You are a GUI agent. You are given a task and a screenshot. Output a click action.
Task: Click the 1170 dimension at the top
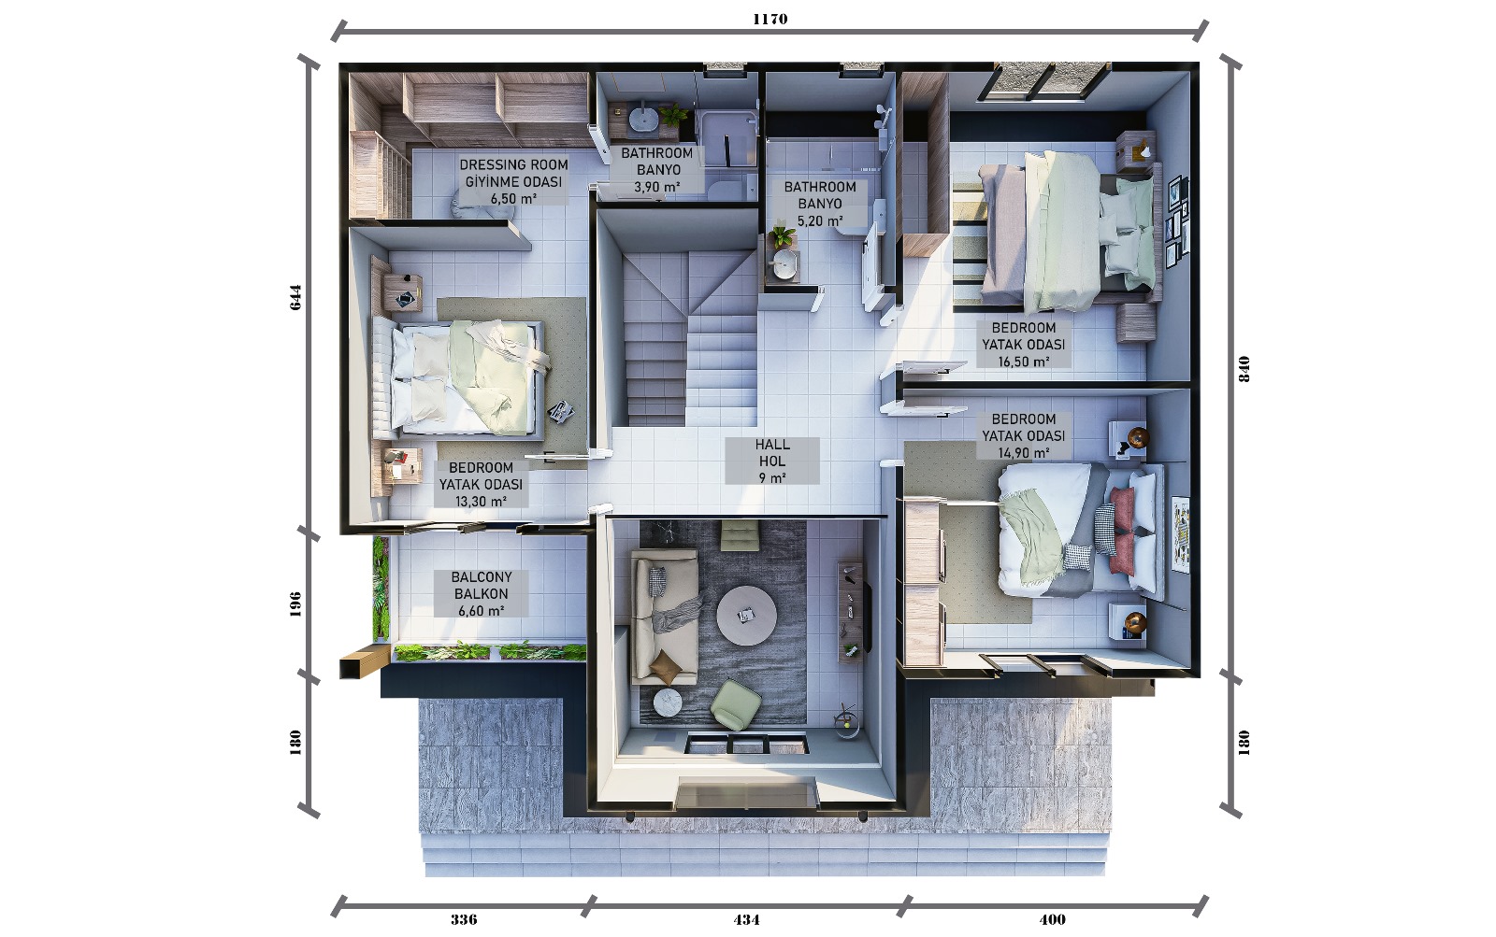click(x=770, y=19)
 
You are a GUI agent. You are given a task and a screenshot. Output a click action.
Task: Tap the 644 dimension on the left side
click(x=295, y=297)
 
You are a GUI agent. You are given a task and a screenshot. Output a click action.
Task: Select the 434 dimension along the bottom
click(x=746, y=919)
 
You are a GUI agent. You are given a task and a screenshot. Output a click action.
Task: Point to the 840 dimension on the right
click(x=1244, y=368)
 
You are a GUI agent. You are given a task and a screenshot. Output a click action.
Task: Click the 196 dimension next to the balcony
click(x=295, y=604)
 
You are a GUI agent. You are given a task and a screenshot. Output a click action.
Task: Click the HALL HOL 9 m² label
click(x=772, y=461)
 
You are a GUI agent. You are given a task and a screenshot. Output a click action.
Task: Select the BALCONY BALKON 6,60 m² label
click(x=481, y=593)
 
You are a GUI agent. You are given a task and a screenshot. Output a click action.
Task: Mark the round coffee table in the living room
click(x=747, y=616)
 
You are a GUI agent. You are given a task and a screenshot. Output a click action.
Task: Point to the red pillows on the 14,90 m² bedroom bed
click(x=1121, y=531)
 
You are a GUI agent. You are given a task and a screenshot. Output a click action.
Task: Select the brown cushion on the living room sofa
click(x=665, y=667)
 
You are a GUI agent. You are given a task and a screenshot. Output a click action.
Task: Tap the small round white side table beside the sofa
click(x=668, y=703)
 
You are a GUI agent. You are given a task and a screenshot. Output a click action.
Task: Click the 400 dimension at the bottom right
click(x=1053, y=919)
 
